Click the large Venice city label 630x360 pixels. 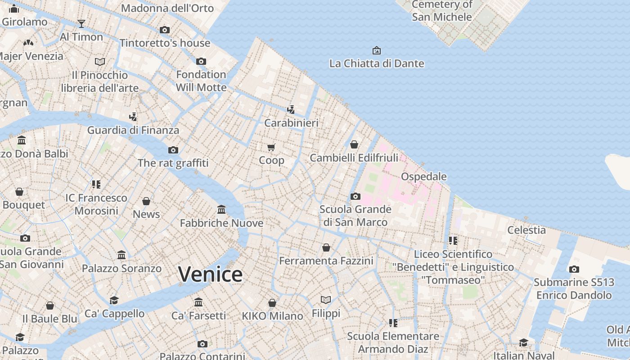pos(210,274)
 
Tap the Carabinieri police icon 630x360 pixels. pos(291,109)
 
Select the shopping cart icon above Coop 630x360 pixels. pos(271,147)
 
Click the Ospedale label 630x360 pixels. pos(423,176)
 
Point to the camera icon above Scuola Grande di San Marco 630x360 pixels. pos(355,196)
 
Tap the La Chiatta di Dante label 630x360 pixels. pos(377,63)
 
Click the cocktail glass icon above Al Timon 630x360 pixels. pos(81,24)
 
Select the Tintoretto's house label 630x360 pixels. pos(165,43)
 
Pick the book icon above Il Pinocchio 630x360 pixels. pos(100,62)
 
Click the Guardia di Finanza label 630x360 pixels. pos(133,130)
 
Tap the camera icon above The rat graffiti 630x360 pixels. pos(173,150)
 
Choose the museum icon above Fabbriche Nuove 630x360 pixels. pos(221,210)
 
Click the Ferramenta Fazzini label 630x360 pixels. pos(326,261)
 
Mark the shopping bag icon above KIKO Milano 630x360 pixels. pos(272,303)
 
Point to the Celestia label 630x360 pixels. pos(526,230)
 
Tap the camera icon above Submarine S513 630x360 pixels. pos(574,270)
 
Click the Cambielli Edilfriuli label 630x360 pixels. pos(354,158)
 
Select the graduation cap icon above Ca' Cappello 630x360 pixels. pos(114,300)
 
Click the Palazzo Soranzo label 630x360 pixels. pos(121,269)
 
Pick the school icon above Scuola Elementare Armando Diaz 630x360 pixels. pos(393,323)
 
